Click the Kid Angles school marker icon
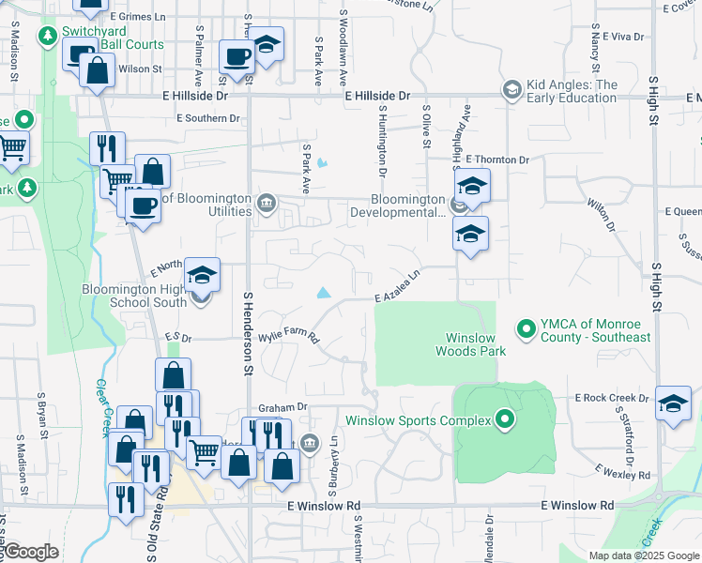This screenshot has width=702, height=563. [x=512, y=90]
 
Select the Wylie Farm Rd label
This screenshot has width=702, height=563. [x=287, y=335]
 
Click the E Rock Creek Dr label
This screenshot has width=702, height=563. [x=613, y=398]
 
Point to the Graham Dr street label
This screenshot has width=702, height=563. [x=282, y=406]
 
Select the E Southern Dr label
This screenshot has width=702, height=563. [x=208, y=118]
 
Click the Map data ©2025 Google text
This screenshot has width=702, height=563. [x=644, y=555]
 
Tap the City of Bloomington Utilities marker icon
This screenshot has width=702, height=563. [x=267, y=203]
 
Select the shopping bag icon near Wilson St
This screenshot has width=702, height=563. [x=98, y=68]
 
